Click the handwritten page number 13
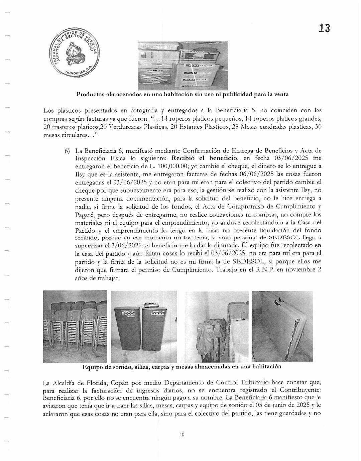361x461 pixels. pyautogui.click(x=324, y=28)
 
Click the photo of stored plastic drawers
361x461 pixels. pyautogui.click(x=183, y=65)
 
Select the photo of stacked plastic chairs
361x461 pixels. pyautogui.click(x=75, y=327)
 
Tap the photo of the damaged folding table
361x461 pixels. pyautogui.click(x=282, y=326)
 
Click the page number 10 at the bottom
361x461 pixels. pyautogui.click(x=181, y=435)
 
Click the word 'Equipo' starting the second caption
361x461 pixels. pyautogui.click(x=92, y=367)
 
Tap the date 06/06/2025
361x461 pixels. pyautogui.click(x=256, y=174)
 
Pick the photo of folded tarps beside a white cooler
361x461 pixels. pyautogui.click(x=217, y=327)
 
